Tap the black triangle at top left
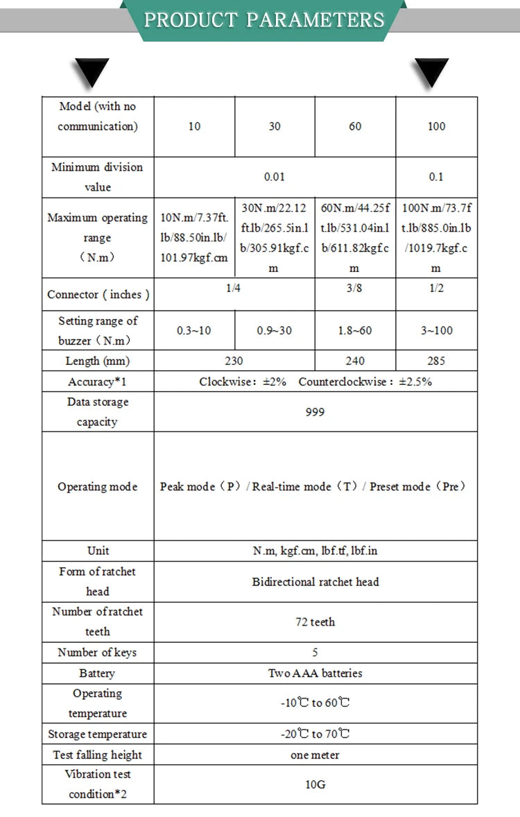pyautogui.click(x=92, y=71)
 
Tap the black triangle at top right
pyautogui.click(x=431, y=71)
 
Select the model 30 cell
pyautogui.click(x=275, y=126)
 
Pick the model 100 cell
pyautogui.click(x=436, y=126)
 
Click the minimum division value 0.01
pyautogui.click(x=275, y=177)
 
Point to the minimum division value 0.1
pyautogui.click(x=436, y=177)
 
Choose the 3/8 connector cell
pyautogui.click(x=354, y=288)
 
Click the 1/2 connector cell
pyautogui.click(x=436, y=288)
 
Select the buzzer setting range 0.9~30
pyautogui.click(x=275, y=331)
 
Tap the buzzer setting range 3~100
pyautogui.click(x=436, y=331)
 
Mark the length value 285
pyautogui.click(x=436, y=361)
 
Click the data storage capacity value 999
pyautogui.click(x=315, y=412)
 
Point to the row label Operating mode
pyautogui.click(x=97, y=487)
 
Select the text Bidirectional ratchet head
pyautogui.click(x=315, y=582)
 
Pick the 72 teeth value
pyautogui.click(x=315, y=622)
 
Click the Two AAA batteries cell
pyautogui.click(x=315, y=673)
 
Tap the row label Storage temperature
pyautogui.click(x=97, y=734)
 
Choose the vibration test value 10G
pyautogui.click(x=315, y=784)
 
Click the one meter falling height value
pyautogui.click(x=315, y=755)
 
